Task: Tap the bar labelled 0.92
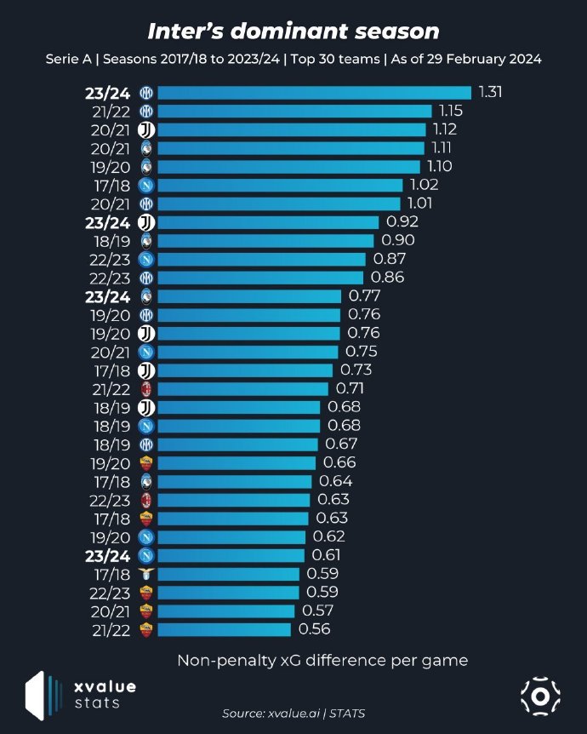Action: [267, 222]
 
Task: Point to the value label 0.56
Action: [314, 629]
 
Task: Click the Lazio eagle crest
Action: [146, 574]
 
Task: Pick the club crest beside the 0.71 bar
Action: [146, 388]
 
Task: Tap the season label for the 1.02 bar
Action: [115, 185]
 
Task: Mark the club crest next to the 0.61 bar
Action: [146, 555]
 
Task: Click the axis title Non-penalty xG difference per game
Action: [322, 661]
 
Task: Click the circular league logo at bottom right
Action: [539, 696]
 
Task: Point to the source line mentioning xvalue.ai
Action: [293, 713]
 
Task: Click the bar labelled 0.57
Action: [226, 611]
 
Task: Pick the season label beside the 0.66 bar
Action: [115, 462]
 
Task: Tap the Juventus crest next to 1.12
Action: [146, 129]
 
